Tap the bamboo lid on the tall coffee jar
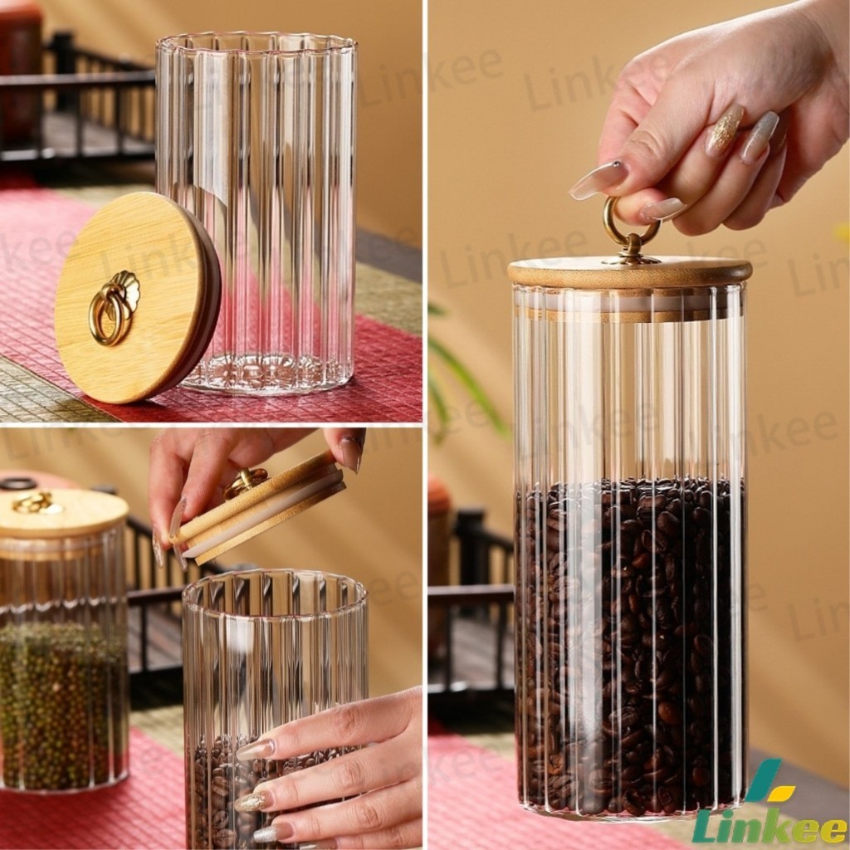[630, 272]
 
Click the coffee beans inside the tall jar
[629, 645]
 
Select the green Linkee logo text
[770, 824]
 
